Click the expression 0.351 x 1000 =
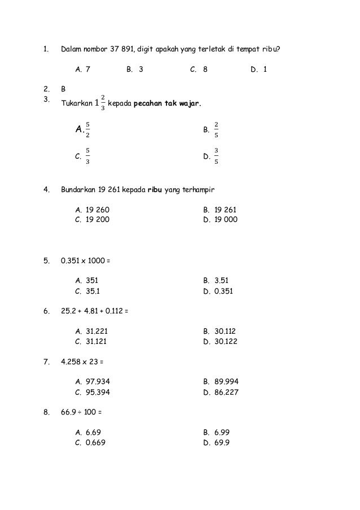pyautogui.click(x=85, y=261)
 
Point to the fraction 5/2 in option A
pyautogui.click(x=88, y=130)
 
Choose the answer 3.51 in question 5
pyautogui.click(x=221, y=280)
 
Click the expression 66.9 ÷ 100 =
pyautogui.click(x=82, y=412)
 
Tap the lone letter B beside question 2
pyautogui.click(x=63, y=89)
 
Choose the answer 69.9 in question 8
pyautogui.click(x=221, y=443)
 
